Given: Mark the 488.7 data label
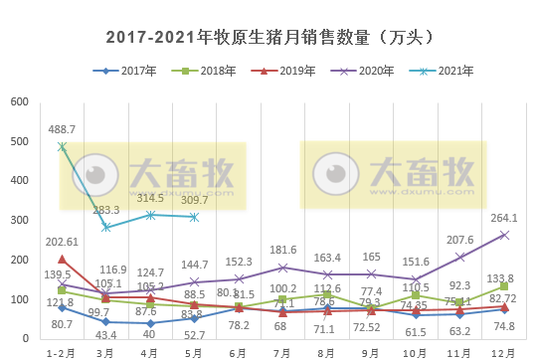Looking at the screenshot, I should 62,130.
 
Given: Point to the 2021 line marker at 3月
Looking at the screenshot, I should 105,227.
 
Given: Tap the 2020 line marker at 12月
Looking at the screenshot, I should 504,235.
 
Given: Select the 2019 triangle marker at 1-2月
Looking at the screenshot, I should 62,260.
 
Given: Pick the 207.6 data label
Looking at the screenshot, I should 458,240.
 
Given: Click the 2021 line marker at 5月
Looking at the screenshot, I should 194,217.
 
